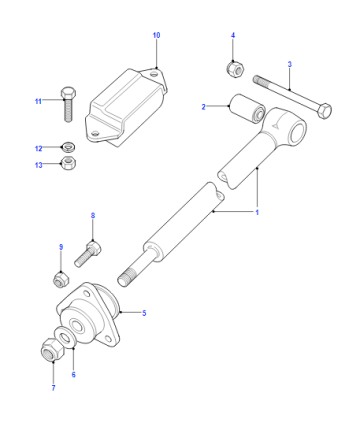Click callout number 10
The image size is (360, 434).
(156, 35)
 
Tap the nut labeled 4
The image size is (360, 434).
(235, 68)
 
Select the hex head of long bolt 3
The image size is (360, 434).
(324, 111)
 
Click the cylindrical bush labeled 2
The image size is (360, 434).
(247, 109)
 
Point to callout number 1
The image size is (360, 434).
(257, 212)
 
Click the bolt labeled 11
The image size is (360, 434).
(68, 104)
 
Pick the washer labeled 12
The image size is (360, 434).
(68, 146)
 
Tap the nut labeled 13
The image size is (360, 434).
(69, 163)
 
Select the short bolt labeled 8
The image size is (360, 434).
(88, 254)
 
